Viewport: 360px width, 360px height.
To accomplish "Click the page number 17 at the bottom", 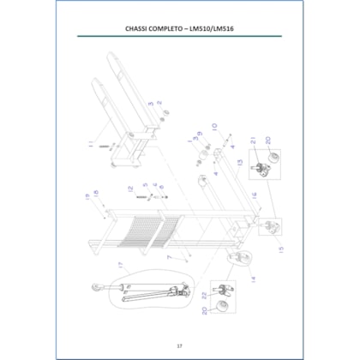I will pos(179,345).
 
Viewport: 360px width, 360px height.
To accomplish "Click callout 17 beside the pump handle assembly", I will pos(122,276).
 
